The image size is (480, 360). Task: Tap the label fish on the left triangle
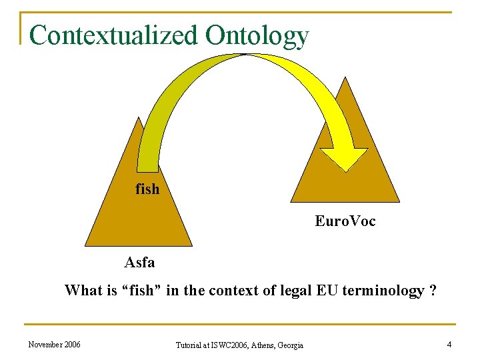point(147,189)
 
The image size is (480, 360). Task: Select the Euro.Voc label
point(345,221)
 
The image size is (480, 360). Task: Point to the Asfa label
point(139,263)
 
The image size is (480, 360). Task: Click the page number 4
point(449,345)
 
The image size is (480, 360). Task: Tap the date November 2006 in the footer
point(55,345)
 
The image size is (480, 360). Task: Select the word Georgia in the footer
point(289,345)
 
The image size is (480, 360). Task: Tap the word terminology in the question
point(383,291)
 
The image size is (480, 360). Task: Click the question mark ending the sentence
point(433,291)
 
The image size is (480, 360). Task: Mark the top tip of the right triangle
point(345,77)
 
